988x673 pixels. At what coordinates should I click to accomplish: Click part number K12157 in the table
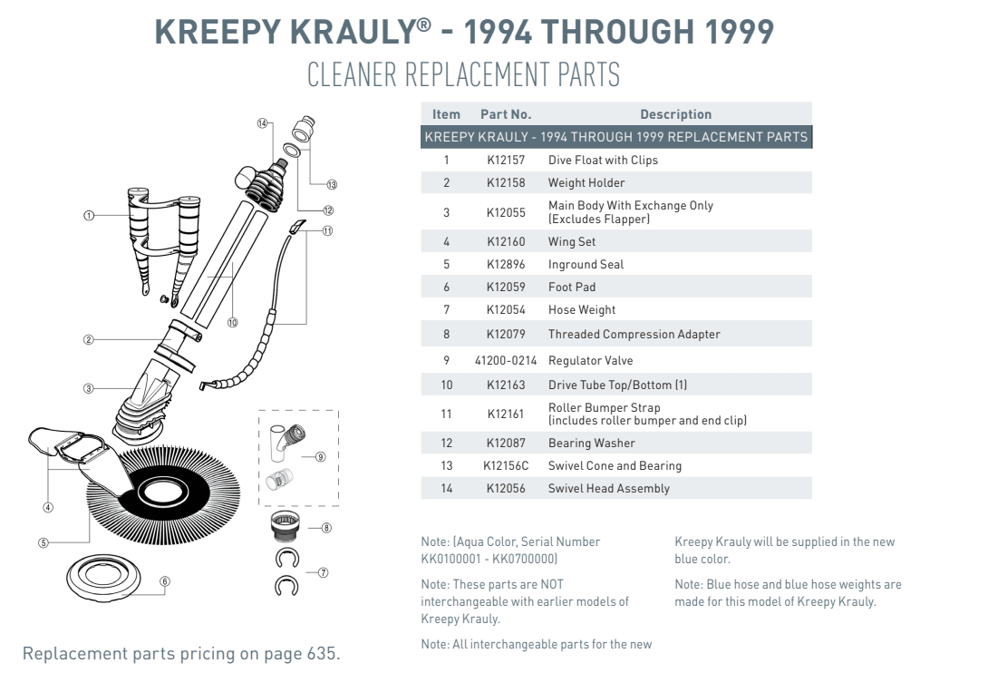click(505, 161)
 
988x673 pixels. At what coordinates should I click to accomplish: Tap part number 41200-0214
click(505, 361)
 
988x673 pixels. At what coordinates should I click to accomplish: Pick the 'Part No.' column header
click(505, 114)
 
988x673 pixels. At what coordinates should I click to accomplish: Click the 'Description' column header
click(675, 114)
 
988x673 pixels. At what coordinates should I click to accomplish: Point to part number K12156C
click(505, 466)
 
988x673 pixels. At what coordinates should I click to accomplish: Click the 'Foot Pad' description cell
click(571, 288)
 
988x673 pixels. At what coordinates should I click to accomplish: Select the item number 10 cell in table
click(446, 385)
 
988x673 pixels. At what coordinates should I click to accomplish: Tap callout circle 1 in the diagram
click(89, 216)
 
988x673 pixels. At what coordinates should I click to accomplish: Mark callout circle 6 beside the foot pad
click(165, 581)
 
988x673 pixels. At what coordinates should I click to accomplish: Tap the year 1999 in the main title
click(731, 33)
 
